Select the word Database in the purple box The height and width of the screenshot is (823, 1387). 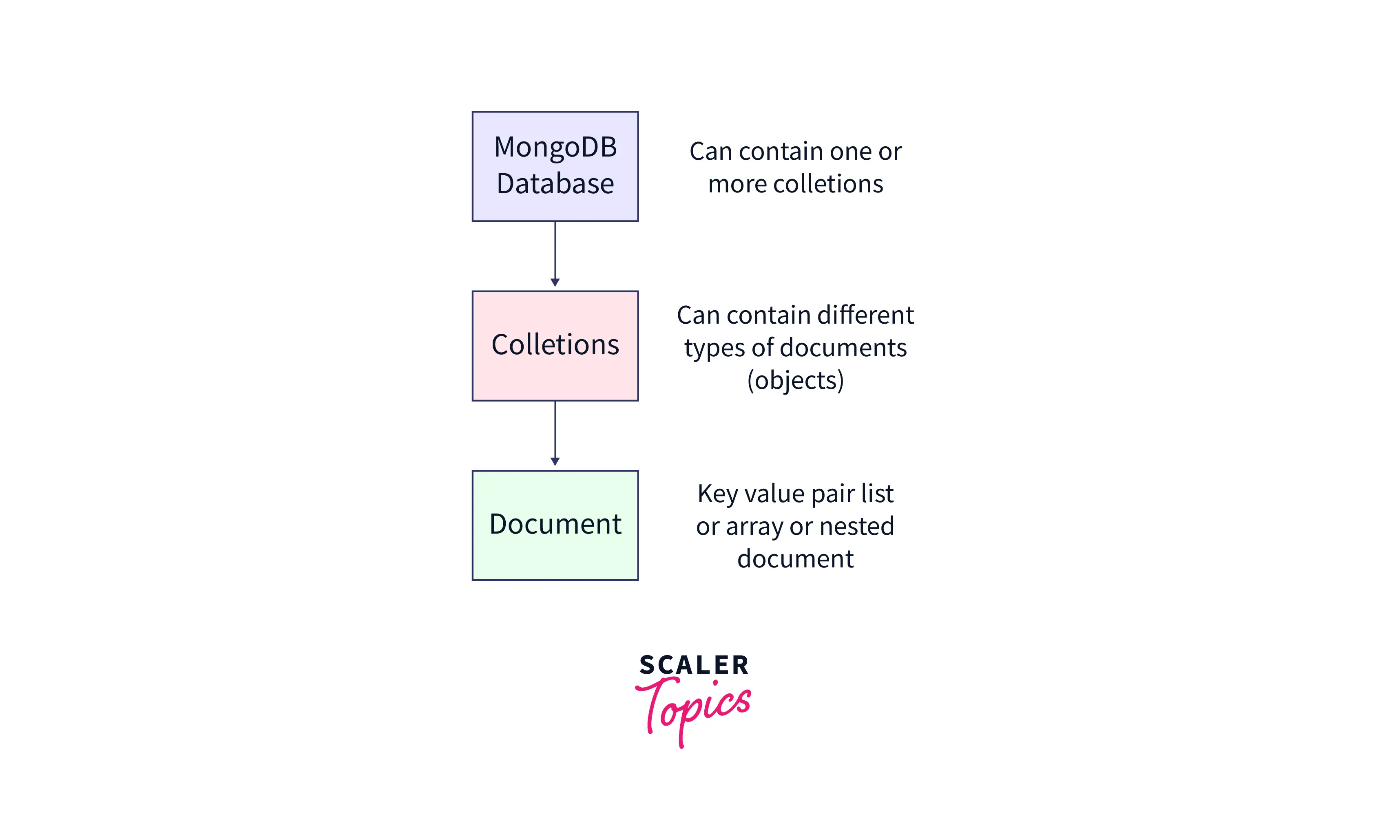coord(555,183)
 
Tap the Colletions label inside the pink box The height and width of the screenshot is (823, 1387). coord(555,344)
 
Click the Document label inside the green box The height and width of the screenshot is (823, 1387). coord(555,524)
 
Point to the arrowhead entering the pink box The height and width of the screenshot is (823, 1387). coord(555,282)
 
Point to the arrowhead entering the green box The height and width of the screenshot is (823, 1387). coord(555,461)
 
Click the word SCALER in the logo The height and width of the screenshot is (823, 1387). coord(694,665)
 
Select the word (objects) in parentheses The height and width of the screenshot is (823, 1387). coord(796,380)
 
